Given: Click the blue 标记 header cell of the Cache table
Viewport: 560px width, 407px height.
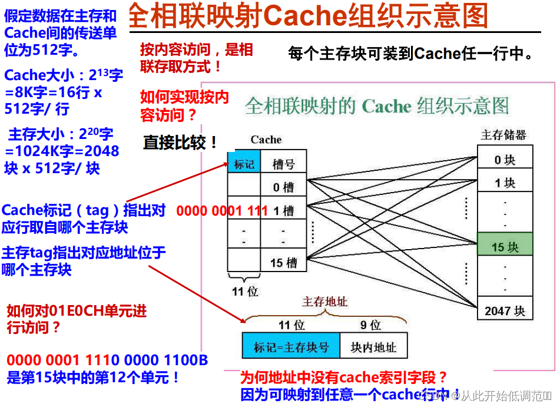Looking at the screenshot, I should [x=244, y=164].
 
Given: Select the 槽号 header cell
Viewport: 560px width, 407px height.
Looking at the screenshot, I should [x=283, y=164].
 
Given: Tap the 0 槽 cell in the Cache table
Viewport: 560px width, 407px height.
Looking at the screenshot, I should [x=283, y=187].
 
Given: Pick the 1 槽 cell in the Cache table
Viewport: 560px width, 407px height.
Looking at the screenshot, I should [x=283, y=210].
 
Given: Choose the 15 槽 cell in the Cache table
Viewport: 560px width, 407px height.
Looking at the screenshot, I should [x=283, y=263].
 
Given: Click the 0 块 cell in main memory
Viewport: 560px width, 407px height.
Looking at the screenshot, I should [x=505, y=160].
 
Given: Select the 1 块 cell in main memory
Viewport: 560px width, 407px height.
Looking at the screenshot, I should [x=505, y=183].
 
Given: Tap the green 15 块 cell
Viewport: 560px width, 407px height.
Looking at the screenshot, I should [x=505, y=246].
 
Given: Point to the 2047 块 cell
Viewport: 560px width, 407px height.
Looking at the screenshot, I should [x=505, y=310].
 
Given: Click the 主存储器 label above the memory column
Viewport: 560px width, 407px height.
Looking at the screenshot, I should [x=503, y=135].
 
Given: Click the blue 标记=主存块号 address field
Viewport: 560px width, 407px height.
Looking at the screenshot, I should [x=291, y=347].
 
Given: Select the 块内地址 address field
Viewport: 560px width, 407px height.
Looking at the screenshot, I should [x=373, y=347].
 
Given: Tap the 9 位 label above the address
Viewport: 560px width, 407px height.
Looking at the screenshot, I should [x=370, y=325].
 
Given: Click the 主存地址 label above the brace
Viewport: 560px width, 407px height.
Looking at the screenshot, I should [x=324, y=302].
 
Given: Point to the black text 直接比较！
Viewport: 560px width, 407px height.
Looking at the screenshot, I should [x=181, y=143].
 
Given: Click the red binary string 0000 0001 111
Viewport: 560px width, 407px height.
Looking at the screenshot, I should [x=222, y=210].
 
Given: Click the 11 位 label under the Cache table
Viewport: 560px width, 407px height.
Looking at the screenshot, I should [x=245, y=291].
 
